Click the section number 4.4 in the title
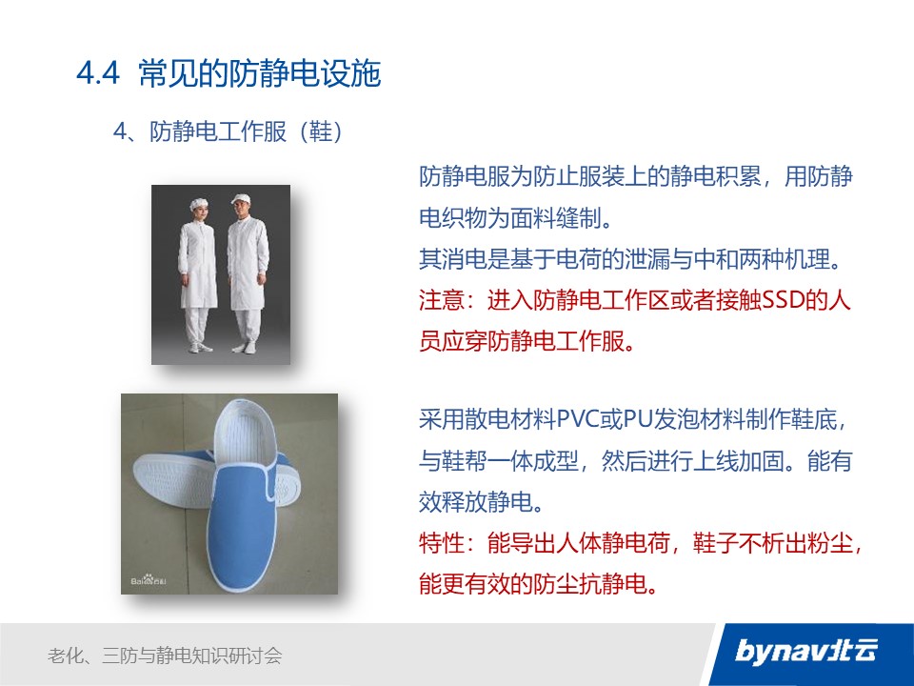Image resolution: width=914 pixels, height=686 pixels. [98, 74]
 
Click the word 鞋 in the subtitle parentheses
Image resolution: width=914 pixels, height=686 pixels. [320, 131]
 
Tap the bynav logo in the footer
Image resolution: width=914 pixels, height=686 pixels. [806, 651]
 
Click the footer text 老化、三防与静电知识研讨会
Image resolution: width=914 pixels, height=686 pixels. [165, 656]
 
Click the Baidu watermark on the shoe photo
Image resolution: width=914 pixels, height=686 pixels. [149, 580]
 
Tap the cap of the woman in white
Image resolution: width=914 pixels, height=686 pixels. [199, 203]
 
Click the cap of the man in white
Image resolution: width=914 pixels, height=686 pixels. [241, 198]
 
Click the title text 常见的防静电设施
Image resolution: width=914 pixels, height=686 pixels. [260, 74]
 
